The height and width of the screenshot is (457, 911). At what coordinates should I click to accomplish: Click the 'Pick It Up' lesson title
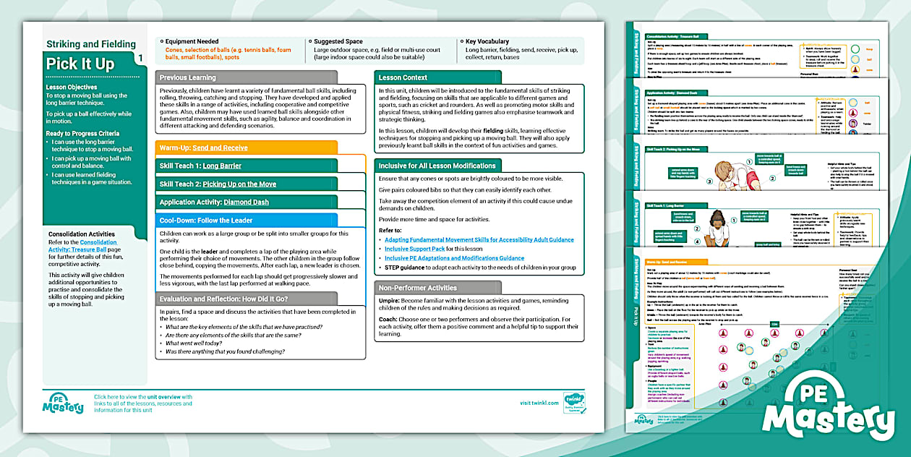click(80, 64)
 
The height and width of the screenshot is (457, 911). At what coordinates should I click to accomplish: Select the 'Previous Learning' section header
click(187, 77)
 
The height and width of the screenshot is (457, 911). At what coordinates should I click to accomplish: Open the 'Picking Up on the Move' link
click(239, 184)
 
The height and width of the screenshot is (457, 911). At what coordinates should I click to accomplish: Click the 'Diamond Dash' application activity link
click(246, 202)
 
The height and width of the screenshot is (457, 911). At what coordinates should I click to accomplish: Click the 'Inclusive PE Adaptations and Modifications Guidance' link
click(454, 258)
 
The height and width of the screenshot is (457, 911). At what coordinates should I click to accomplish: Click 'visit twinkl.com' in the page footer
click(539, 403)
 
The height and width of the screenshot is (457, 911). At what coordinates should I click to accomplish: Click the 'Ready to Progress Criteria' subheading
click(83, 134)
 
